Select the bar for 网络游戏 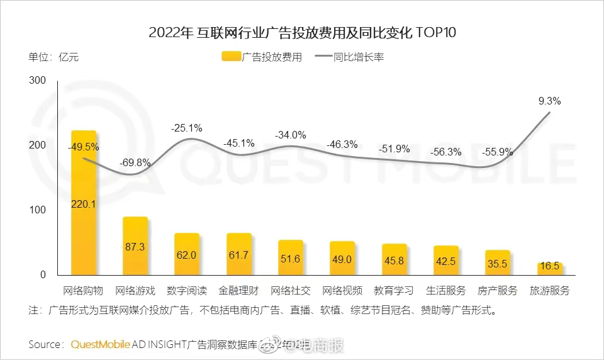tap(135, 246)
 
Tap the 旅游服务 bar tap(549, 269)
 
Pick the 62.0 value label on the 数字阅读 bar tap(187, 256)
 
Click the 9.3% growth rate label tap(549, 101)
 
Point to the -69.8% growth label tap(135, 162)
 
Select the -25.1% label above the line tap(187, 128)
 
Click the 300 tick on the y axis tap(38, 81)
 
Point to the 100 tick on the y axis tap(38, 210)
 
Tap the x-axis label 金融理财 tap(238, 291)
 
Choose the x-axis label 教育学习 tap(394, 291)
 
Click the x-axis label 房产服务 tap(497, 291)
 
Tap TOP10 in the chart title tap(435, 33)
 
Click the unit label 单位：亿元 tap(53, 57)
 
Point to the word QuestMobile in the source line tap(101, 344)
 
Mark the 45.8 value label tap(394, 259)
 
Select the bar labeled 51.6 tap(290, 257)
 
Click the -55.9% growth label tap(497, 152)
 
